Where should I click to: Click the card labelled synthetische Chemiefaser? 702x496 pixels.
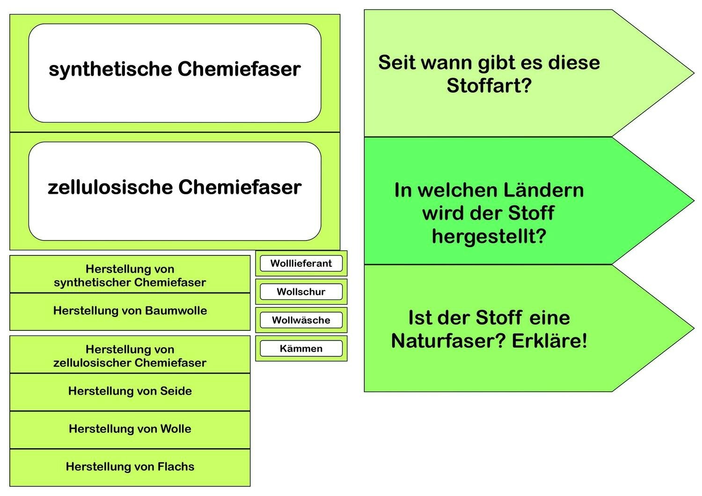coord(175,73)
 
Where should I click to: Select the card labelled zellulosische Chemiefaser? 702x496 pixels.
coord(175,191)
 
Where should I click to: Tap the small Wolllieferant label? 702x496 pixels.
coord(301,263)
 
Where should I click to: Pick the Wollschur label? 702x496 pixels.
coord(301,292)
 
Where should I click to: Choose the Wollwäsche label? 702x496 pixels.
coord(301,321)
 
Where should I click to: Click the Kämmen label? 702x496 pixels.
coord(301,349)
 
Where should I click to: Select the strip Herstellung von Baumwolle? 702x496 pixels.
coord(130,311)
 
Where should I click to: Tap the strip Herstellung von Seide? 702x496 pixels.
coord(130,392)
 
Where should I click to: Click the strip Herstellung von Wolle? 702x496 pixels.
coord(130,429)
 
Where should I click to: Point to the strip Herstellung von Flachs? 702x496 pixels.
coord(130,467)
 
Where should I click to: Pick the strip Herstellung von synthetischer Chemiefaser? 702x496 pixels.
coord(130,275)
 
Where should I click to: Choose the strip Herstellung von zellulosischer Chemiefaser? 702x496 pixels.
coord(130,356)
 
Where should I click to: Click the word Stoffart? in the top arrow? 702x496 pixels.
coord(489,86)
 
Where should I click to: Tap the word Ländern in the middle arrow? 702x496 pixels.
coord(543,190)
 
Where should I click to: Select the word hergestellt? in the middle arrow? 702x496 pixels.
coord(489,236)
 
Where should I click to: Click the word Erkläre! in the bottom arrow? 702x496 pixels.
coord(549,341)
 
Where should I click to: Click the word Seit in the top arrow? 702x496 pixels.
coord(397,63)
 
